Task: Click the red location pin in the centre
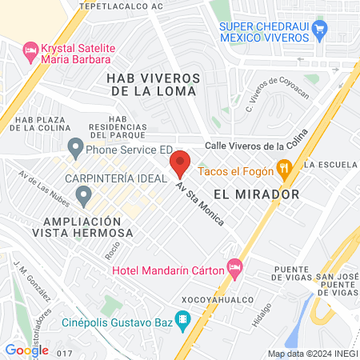[179, 162]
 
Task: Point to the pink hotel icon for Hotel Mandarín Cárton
[234, 266]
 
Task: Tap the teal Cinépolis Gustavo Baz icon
[182, 322]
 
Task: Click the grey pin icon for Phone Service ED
[75, 147]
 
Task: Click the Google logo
[26, 350]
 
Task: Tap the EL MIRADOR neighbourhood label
[256, 194]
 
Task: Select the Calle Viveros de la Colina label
[255, 145]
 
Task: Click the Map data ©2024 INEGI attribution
[312, 353]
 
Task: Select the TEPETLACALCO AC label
[125, 5]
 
